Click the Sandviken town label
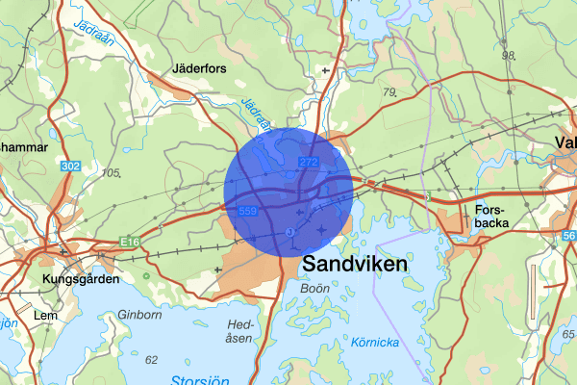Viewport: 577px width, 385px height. point(355,264)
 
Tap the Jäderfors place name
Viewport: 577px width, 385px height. point(198,69)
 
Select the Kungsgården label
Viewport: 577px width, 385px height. point(81,279)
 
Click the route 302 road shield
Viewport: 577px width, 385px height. point(70,167)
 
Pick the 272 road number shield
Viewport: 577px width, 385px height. point(308,161)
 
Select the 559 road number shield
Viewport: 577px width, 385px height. point(247,210)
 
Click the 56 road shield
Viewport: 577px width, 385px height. point(569,236)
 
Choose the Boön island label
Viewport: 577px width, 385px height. point(314,288)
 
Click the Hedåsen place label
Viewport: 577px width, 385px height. point(240,331)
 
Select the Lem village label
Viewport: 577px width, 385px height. point(45,315)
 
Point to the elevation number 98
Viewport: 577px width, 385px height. point(508,55)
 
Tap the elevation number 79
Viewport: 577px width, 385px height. point(389,92)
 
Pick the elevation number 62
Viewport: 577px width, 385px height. point(150,359)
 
